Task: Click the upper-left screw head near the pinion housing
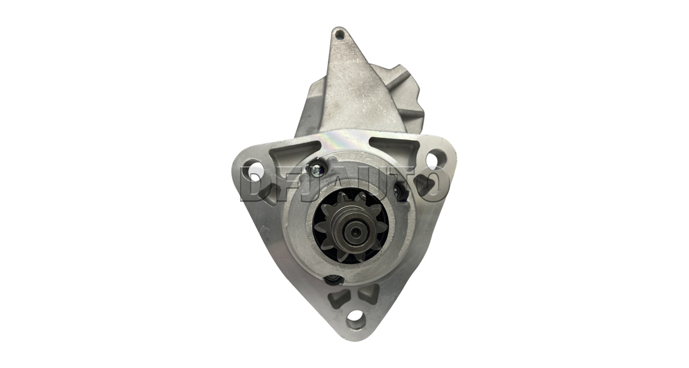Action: pos(316,168)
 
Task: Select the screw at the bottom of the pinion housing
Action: pos(333,279)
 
